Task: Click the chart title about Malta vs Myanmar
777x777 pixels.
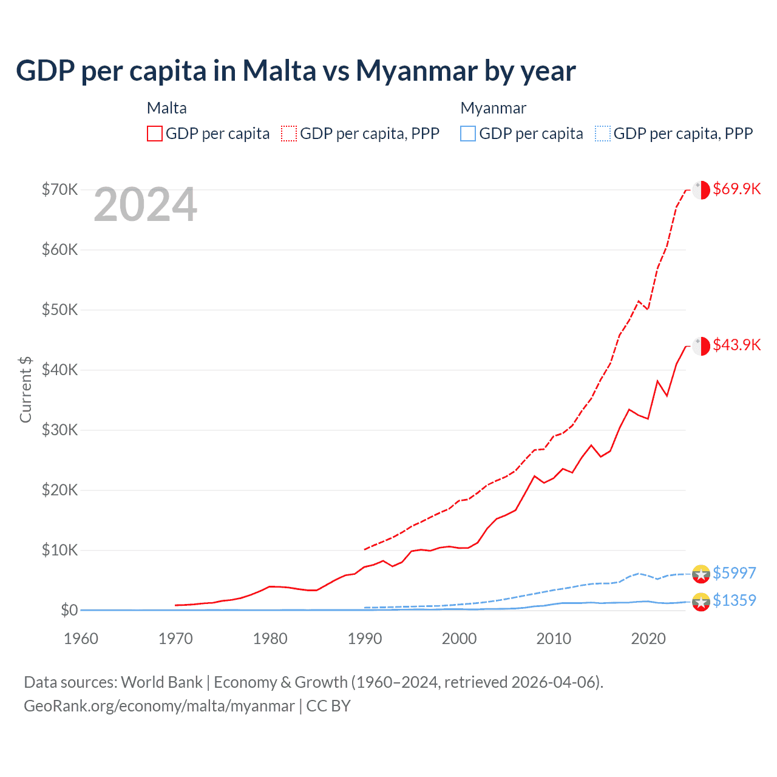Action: (x=296, y=71)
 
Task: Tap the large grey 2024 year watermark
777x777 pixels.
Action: (x=145, y=205)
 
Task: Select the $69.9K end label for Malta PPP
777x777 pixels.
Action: (x=736, y=189)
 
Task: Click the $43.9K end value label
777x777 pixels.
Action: (x=736, y=345)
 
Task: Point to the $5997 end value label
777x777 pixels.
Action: (x=734, y=573)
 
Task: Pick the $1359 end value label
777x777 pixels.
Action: (x=734, y=600)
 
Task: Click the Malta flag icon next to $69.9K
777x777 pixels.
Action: (x=701, y=189)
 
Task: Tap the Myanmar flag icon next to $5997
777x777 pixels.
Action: (x=701, y=573)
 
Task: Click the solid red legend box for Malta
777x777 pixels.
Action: (x=155, y=134)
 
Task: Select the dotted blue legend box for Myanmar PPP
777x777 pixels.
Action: (x=603, y=134)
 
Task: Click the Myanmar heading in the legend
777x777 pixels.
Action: (x=493, y=108)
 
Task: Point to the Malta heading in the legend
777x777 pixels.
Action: (x=167, y=108)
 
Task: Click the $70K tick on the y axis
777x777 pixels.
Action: (x=60, y=189)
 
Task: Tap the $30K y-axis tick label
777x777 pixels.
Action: (x=60, y=430)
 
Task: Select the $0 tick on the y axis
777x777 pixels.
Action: (x=69, y=610)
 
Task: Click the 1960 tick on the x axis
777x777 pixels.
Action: (x=81, y=639)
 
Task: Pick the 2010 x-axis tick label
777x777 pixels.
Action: (x=554, y=639)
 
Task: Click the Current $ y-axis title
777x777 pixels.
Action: (x=25, y=389)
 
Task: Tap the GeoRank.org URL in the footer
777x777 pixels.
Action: (x=159, y=706)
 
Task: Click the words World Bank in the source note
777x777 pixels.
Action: (x=161, y=682)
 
